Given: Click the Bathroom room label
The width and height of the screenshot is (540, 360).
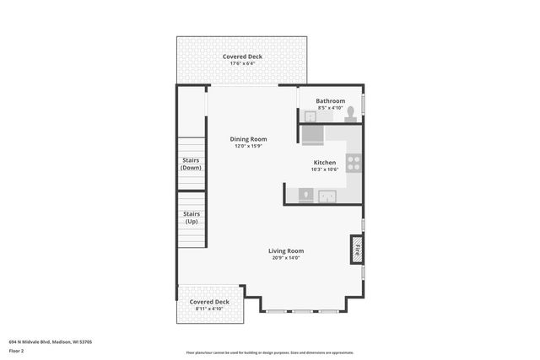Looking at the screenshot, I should [330, 101].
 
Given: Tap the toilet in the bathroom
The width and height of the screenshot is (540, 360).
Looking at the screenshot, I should [350, 114].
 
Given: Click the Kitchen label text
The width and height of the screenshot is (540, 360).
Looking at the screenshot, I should [325, 163].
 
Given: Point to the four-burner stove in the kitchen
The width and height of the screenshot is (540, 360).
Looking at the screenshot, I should [354, 163].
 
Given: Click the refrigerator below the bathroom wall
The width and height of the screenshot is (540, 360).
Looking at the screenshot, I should [312, 133].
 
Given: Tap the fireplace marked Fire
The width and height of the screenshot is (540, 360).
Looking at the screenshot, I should [356, 249].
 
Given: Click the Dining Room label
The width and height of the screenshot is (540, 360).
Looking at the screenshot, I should [248, 139].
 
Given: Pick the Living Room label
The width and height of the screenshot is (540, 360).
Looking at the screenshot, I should [286, 250].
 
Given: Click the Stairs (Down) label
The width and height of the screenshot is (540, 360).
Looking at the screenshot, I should [192, 164].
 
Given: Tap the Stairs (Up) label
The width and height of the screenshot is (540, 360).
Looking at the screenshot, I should [192, 218].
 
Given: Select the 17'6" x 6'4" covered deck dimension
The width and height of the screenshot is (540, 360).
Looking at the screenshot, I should [242, 63].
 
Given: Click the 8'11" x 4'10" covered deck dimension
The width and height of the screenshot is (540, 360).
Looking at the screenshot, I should [208, 309].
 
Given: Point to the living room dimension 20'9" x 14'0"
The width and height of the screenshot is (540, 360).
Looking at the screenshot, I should [286, 258].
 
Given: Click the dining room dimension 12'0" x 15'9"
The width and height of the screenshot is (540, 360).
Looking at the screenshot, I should [248, 147].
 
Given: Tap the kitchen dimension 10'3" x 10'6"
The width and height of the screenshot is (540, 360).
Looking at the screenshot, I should [325, 170].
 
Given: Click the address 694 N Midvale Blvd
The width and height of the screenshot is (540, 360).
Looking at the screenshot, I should [51, 341].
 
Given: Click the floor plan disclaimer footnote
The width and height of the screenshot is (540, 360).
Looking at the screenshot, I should [269, 353].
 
